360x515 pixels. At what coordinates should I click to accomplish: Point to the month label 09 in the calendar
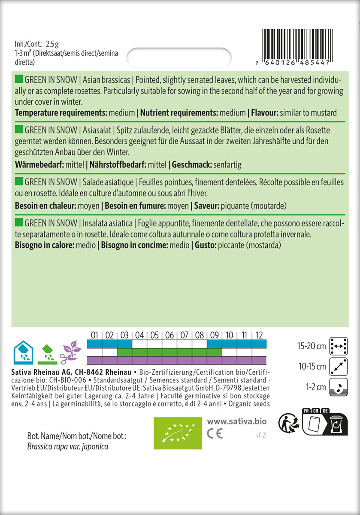click(x=214, y=335)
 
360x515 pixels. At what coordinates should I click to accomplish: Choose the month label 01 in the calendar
click(x=94, y=335)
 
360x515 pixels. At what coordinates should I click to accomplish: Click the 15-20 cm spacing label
click(x=312, y=346)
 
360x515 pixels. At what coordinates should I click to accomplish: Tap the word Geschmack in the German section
click(x=189, y=165)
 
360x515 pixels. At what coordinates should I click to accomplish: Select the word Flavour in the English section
click(x=264, y=113)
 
